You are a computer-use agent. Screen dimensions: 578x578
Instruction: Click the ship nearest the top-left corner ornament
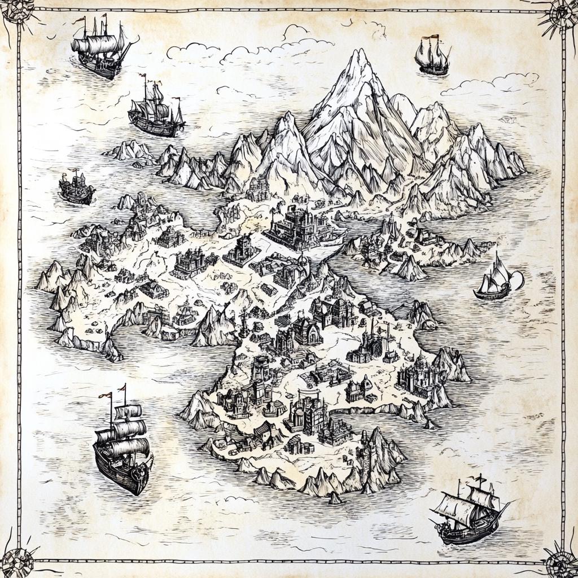tap(102, 48)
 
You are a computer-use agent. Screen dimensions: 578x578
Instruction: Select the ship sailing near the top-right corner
tap(432, 56)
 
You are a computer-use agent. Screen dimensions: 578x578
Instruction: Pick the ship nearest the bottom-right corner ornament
tap(468, 514)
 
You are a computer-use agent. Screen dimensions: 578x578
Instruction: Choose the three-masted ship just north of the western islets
tap(155, 113)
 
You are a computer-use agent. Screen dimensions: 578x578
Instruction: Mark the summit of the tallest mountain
tap(357, 52)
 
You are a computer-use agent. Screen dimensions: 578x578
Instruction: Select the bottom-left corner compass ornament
tap(17, 562)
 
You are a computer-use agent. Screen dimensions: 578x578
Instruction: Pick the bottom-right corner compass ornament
tap(561, 563)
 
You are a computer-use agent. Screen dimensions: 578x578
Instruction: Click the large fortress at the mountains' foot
tap(299, 226)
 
